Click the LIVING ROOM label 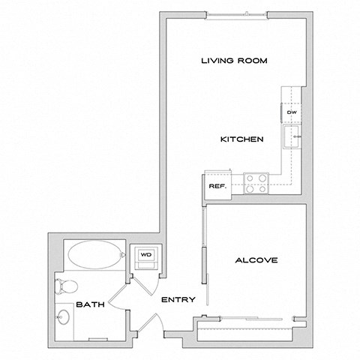click(x=234, y=61)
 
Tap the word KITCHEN click(x=240, y=139)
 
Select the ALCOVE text click(x=256, y=260)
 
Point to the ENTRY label click(x=178, y=300)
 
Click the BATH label click(x=90, y=305)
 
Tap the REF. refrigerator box click(x=217, y=185)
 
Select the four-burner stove click(x=256, y=183)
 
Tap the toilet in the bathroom click(x=66, y=286)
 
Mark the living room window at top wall click(x=235, y=14)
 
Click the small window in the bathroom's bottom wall click(x=97, y=339)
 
